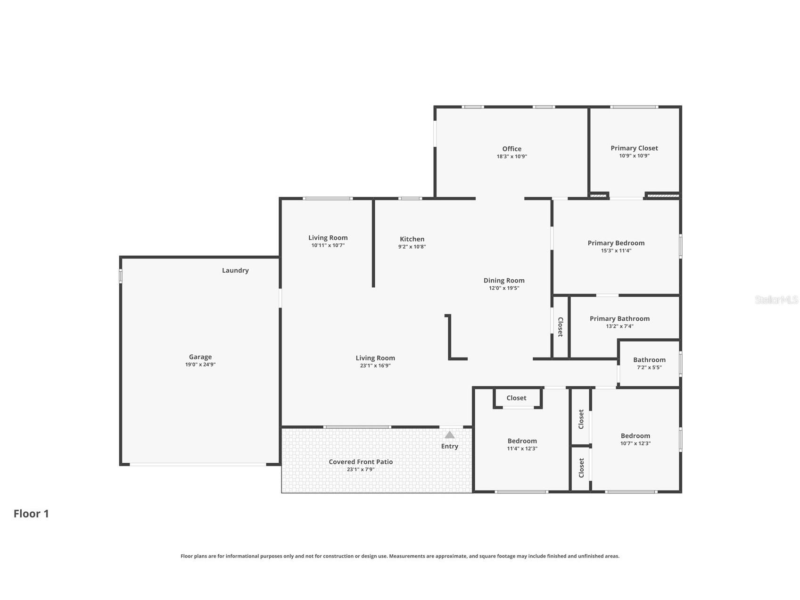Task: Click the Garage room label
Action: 200,357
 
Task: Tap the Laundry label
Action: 235,270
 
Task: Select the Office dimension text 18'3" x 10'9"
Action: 511,157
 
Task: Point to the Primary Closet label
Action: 634,148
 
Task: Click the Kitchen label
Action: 412,239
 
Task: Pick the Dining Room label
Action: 504,281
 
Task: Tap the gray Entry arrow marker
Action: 450,434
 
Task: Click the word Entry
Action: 450,446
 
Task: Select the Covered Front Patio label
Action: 361,462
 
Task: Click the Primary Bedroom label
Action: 616,243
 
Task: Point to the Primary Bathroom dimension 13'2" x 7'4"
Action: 619,326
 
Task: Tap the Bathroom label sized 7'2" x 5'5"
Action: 649,360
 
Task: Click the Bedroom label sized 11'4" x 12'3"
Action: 522,441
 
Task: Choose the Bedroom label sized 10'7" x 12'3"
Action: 635,436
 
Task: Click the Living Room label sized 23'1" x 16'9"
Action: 375,358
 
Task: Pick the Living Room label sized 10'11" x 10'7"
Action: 328,238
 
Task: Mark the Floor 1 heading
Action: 31,514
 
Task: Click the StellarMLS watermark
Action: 776,300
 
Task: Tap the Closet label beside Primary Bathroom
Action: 560,327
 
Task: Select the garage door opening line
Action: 198,465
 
